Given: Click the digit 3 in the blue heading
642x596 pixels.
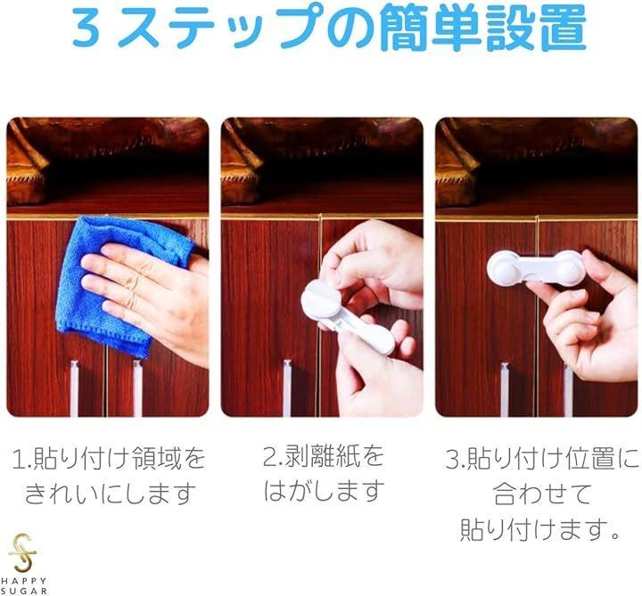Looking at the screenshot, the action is point(86,29).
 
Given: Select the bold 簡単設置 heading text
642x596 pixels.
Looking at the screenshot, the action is point(483,27).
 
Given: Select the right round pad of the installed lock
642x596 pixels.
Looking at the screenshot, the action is point(569,269).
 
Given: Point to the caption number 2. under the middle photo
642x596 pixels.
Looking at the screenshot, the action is point(273,456).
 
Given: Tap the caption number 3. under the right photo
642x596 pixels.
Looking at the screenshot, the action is point(456,460).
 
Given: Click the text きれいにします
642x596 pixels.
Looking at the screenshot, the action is point(111,494).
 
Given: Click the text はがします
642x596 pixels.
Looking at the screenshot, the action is point(324,491).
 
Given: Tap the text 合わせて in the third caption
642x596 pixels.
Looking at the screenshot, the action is point(542,494).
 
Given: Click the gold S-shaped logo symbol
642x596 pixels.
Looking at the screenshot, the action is point(23,552).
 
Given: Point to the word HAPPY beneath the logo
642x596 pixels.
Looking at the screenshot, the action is point(23,581).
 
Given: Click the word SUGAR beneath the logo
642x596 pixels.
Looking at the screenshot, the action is point(24,591).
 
